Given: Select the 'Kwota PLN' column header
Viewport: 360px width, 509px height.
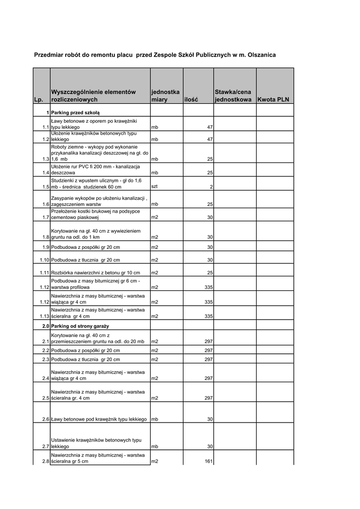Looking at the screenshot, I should pyautogui.click(x=273, y=100).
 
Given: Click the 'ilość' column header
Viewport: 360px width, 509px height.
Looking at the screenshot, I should pyautogui.click(x=191, y=100).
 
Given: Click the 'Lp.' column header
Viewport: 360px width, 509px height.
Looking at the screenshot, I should pyautogui.click(x=38, y=100).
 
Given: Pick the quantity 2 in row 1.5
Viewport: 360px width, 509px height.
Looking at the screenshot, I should pyautogui.click(x=211, y=187).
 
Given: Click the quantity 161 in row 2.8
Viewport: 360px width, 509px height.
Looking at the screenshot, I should pyautogui.click(x=209, y=461).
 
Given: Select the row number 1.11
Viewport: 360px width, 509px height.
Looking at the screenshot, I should pyautogui.click(x=44, y=273).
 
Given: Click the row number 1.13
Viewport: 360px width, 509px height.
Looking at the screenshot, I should pyautogui.click(x=44, y=316).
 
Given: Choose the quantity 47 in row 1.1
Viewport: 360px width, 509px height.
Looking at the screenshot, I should pyautogui.click(x=210, y=127).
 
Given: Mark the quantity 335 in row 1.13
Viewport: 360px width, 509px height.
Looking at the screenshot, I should pyautogui.click(x=209, y=316).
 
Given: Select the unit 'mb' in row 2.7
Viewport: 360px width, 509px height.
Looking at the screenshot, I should pyautogui.click(x=155, y=446).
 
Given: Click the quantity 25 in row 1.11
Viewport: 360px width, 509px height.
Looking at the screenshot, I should pyautogui.click(x=210, y=273).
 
